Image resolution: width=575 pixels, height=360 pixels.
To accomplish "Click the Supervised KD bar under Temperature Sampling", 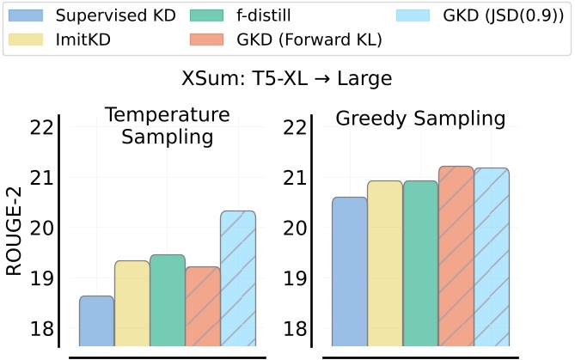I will [96, 321].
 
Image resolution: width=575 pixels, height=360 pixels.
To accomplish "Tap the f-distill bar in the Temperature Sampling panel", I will [167, 301].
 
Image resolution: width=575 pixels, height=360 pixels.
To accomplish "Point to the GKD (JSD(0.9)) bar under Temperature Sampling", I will [237, 279].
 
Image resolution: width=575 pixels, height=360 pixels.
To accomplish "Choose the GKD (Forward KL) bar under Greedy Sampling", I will [456, 257].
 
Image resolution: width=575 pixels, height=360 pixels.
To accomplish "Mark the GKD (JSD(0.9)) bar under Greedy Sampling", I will [492, 258].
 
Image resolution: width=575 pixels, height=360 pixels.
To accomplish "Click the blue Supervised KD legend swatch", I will [26, 15].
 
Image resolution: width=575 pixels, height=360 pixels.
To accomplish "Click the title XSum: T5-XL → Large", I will [287, 79].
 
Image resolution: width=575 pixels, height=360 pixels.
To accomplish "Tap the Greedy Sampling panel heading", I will [420, 119].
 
